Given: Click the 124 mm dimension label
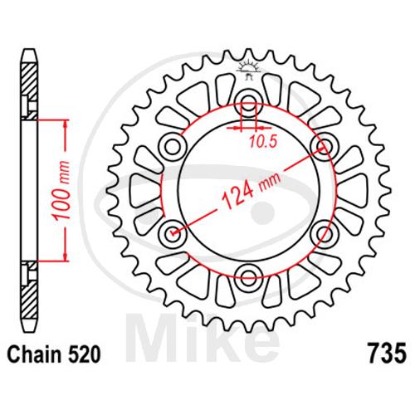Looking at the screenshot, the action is click(x=251, y=192).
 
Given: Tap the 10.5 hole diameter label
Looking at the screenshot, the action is click(x=263, y=142).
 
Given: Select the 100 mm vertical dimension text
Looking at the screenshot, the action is click(x=62, y=191).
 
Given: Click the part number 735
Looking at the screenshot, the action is click(x=387, y=353).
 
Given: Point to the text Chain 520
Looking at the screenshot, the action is click(x=54, y=354).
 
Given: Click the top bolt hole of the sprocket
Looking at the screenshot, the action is click(x=249, y=102).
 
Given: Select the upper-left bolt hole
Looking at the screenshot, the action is click(x=173, y=146).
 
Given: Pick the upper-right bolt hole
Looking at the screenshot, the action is click(x=325, y=146).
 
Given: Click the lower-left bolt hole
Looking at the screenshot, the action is click(x=173, y=233).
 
